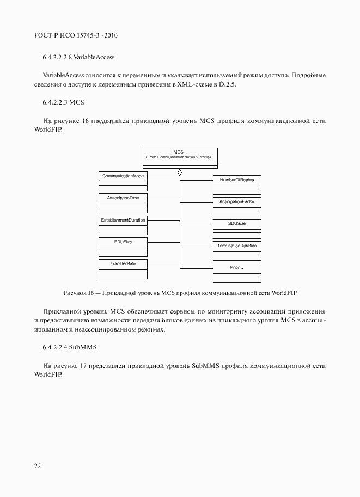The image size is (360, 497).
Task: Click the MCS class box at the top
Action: (x=180, y=158)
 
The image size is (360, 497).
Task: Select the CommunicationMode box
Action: (x=123, y=181)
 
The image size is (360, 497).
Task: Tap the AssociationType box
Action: (x=123, y=203)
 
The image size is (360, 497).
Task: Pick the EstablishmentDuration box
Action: (x=123, y=224)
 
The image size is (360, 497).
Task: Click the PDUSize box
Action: (x=123, y=247)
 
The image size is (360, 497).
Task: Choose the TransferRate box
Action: (x=123, y=268)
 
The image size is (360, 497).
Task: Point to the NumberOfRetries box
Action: (x=236, y=185)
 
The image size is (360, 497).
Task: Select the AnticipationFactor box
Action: (x=236, y=206)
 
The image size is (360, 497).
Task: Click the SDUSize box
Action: (x=236, y=229)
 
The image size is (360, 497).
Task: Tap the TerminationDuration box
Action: (x=236, y=250)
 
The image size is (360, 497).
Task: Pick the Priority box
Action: (x=236, y=272)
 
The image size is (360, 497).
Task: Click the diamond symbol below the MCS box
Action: (x=180, y=173)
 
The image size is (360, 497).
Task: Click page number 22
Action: (x=38, y=466)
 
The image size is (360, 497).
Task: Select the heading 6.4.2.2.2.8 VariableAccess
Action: (x=78, y=57)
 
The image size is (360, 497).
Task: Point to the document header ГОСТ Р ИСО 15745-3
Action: (x=76, y=35)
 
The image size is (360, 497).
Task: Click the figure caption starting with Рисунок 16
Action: (x=180, y=293)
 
